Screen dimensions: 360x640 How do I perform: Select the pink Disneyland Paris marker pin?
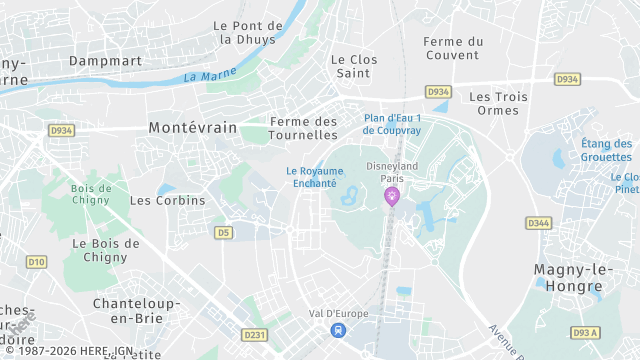[391, 195]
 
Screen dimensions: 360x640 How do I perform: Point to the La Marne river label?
[210, 75]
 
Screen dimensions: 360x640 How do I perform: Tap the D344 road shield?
[538, 222]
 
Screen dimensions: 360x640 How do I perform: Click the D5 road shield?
[223, 233]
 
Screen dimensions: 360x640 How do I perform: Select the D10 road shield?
[36, 262]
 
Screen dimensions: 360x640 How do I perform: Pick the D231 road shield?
[254, 335]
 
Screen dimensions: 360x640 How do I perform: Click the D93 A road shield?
[585, 332]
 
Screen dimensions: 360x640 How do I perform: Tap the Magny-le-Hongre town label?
[567, 278]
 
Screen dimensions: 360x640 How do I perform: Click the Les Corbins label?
[167, 200]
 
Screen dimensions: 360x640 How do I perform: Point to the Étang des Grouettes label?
[607, 150]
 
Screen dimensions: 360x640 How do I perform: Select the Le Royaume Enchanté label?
[311, 177]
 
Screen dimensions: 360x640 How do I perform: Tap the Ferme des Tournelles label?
[304, 128]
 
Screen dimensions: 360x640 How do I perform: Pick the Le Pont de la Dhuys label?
[249, 32]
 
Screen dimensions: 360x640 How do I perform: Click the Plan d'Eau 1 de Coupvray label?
[392, 124]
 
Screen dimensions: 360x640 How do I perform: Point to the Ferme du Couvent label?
[453, 48]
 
